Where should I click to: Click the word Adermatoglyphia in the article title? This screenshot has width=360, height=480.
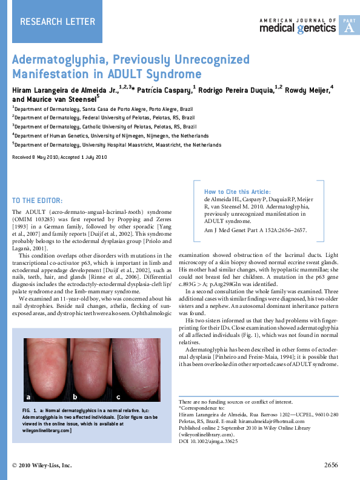59,60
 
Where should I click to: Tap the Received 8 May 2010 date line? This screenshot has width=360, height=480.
59,157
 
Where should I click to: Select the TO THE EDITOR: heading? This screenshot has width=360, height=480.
37,201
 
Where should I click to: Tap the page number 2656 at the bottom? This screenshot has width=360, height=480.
330,465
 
